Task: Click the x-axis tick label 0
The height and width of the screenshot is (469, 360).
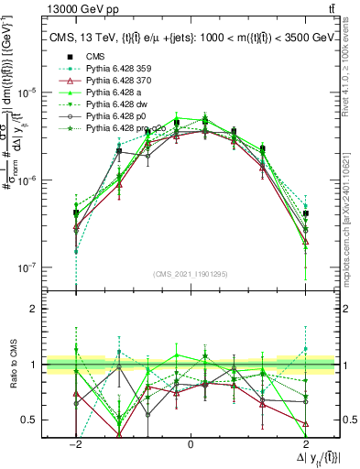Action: click(191, 442)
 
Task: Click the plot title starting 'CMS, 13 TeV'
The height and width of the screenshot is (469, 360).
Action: click(191, 38)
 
